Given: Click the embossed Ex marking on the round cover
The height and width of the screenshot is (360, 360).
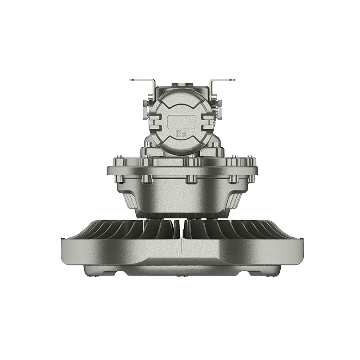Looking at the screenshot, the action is (x=181, y=134).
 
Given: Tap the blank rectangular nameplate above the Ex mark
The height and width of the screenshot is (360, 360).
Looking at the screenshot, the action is (x=181, y=122).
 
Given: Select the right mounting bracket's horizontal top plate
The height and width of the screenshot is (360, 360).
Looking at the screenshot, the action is (x=224, y=80).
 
